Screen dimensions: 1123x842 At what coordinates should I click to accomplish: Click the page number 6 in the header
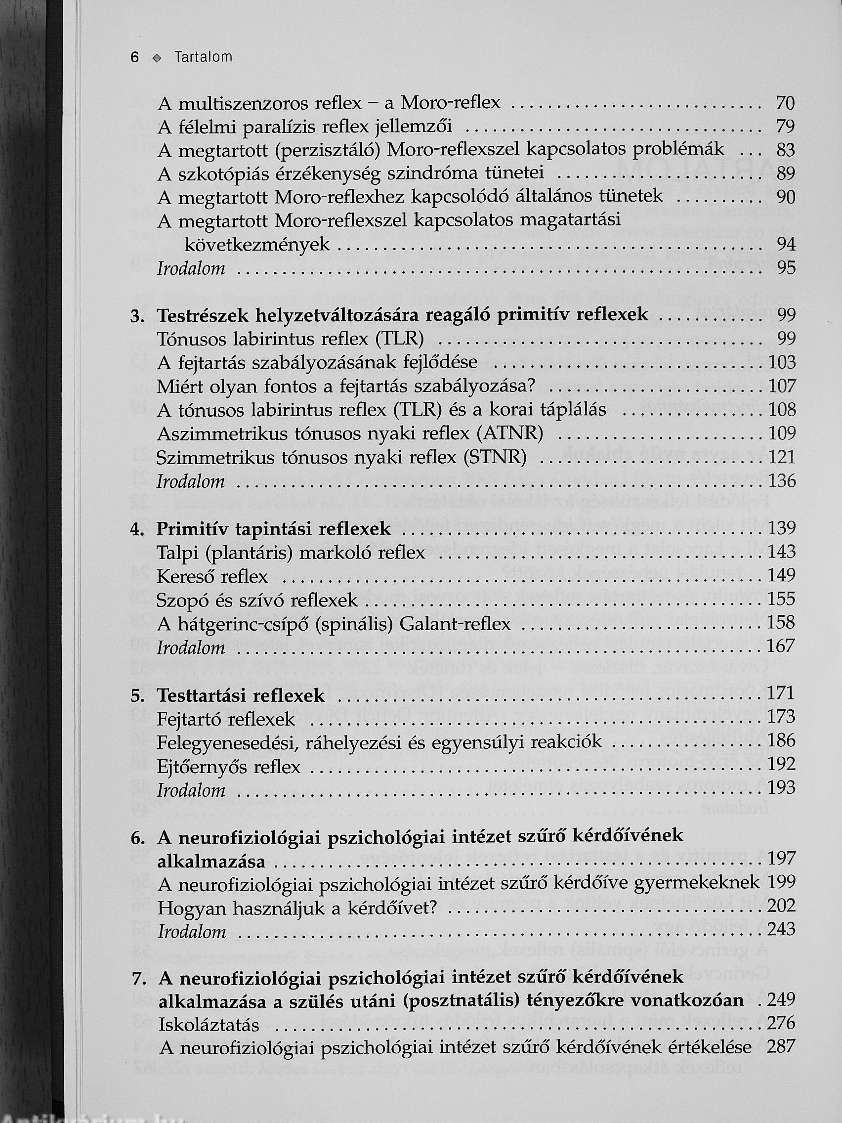point(134,57)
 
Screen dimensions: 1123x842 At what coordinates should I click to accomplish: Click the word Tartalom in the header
point(203,57)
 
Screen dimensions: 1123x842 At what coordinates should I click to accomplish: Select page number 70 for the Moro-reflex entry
point(785,104)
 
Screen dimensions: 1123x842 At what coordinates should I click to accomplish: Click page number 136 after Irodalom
point(781,480)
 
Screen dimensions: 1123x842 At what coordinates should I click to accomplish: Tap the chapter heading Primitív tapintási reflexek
point(274,529)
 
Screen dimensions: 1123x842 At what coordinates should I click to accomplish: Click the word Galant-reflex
point(455,623)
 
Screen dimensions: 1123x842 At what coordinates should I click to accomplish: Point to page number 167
point(781,647)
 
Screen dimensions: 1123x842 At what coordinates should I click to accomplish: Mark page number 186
point(781,741)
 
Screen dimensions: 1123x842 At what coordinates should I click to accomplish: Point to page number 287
point(781,1046)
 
